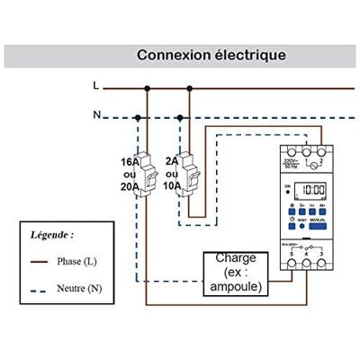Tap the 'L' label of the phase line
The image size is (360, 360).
[x=96, y=87]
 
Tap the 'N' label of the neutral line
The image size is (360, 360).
[x=96, y=115]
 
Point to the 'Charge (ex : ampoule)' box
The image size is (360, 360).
[x=235, y=274]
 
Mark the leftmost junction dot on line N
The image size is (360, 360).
[x=137, y=117]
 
